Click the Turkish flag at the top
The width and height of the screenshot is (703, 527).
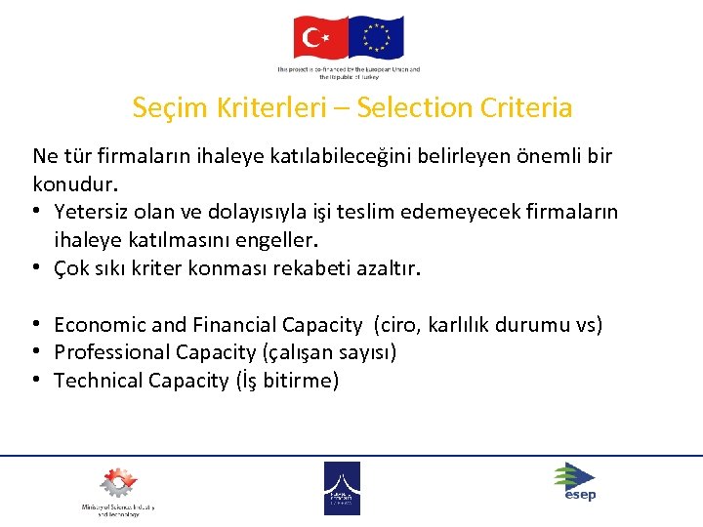tap(320, 38)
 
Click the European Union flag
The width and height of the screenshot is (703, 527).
tap(376, 38)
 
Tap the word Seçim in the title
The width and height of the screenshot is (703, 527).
tap(168, 107)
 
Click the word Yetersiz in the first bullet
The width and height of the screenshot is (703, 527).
tap(90, 212)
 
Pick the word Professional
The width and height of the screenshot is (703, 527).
tap(110, 352)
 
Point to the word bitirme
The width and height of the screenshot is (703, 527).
tap(299, 381)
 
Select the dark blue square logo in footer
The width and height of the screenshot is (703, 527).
tap(342, 488)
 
